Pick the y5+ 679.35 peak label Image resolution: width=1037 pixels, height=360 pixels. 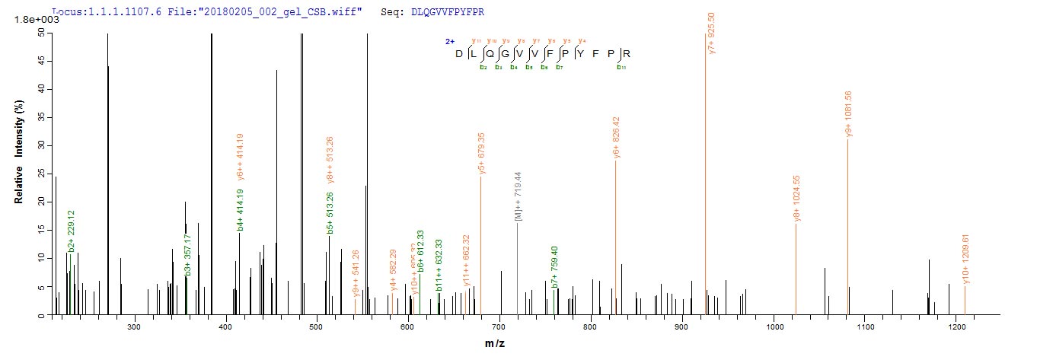coord(482,154)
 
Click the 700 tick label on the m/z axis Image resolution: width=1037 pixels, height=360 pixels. coord(499,327)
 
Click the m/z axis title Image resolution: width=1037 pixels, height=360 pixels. coord(495,345)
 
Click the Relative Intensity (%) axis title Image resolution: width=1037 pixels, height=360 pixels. coord(20,173)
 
